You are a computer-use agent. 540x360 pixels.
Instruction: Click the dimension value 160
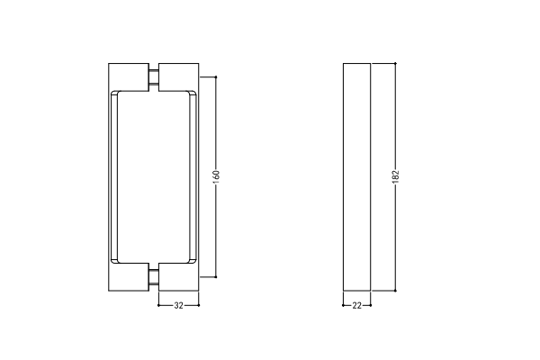(x=216, y=175)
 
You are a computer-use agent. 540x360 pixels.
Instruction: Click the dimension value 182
(x=395, y=175)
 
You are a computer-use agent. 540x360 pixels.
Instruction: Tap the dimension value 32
(x=178, y=305)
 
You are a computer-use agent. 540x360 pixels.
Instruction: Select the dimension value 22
(x=356, y=305)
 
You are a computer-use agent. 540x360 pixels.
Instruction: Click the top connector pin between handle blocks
(x=154, y=76)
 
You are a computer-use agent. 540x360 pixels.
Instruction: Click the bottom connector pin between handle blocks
(x=154, y=277)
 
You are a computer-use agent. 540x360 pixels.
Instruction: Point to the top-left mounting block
(x=129, y=77)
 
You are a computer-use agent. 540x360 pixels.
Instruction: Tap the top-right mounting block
(x=179, y=77)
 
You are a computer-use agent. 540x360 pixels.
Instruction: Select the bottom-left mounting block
(x=129, y=277)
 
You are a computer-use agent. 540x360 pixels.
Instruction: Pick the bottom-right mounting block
(x=179, y=277)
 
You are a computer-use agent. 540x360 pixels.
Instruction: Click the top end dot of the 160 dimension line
(x=216, y=76)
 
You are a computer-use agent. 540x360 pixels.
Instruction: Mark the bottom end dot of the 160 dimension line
(x=216, y=276)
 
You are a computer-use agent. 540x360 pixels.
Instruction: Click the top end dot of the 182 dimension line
(x=395, y=63)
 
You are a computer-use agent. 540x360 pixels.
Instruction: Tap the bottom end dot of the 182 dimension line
(x=395, y=291)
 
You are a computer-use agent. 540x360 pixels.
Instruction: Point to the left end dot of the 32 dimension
(x=158, y=305)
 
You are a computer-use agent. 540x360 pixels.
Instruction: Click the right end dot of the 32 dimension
(x=199, y=305)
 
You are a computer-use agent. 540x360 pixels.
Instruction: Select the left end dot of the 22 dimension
(x=343, y=305)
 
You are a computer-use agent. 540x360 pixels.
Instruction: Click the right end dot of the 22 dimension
(x=371, y=305)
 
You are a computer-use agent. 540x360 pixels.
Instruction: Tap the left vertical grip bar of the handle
(x=113, y=177)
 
